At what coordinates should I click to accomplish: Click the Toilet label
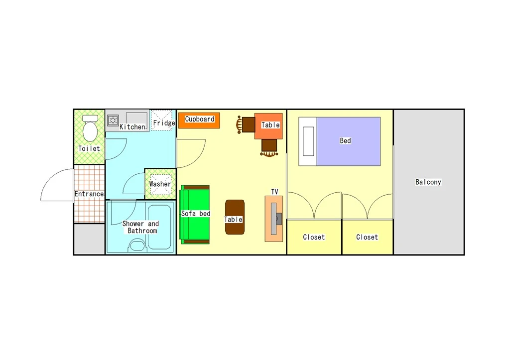click(89, 148)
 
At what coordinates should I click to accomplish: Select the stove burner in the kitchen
click(113, 120)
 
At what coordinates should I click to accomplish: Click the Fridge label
click(164, 123)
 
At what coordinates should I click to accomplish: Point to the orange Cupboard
click(199, 120)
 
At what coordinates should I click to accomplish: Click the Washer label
click(160, 184)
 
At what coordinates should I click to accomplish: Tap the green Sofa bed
click(195, 215)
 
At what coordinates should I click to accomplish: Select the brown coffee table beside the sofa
click(235, 217)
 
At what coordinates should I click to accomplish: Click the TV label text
click(274, 192)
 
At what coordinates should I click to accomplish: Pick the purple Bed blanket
click(348, 141)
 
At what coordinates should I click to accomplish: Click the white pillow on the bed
click(308, 141)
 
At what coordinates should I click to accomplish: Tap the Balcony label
click(428, 182)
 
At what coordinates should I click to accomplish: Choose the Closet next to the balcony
click(368, 237)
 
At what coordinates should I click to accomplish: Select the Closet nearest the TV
click(314, 237)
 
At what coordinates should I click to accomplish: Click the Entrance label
click(89, 194)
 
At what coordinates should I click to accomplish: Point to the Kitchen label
click(132, 127)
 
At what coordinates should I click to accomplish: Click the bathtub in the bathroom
click(159, 227)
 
